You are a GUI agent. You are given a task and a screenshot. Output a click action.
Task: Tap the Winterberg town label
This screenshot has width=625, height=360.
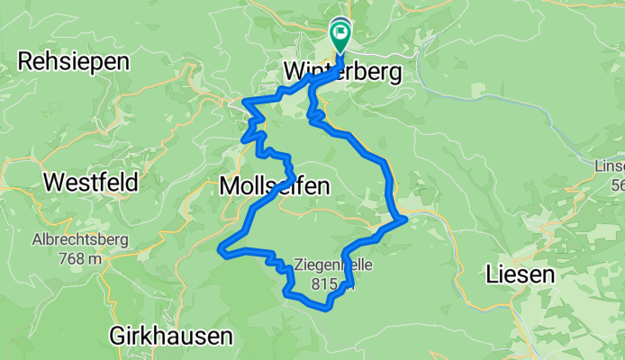(341, 71)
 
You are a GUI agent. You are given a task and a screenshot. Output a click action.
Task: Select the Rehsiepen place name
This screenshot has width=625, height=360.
(74, 62)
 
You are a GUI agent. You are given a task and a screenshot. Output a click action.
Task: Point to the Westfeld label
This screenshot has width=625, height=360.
(90, 183)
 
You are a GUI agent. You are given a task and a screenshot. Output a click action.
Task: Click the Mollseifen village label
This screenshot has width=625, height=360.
(274, 186)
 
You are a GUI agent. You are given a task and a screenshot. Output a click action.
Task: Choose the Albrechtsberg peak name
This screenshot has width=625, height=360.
(81, 240)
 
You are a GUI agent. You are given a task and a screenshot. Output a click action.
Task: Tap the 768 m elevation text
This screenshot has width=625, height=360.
(81, 258)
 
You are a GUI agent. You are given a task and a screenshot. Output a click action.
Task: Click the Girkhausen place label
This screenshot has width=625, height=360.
(170, 336)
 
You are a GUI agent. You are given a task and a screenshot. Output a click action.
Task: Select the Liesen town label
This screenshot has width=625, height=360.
(522, 274)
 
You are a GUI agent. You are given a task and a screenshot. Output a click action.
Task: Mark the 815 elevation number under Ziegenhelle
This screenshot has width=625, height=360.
(326, 284)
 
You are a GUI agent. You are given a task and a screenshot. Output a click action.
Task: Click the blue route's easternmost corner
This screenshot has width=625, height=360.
(407, 217)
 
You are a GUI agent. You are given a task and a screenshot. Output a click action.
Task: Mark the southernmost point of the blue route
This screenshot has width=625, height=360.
(328, 308)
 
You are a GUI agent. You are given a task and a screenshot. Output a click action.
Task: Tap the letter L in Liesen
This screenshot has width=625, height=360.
(492, 274)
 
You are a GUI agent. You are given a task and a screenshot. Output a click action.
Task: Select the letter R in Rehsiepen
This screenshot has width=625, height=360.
(25, 62)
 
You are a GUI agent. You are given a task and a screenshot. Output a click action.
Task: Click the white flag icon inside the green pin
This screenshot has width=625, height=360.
(341, 37)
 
